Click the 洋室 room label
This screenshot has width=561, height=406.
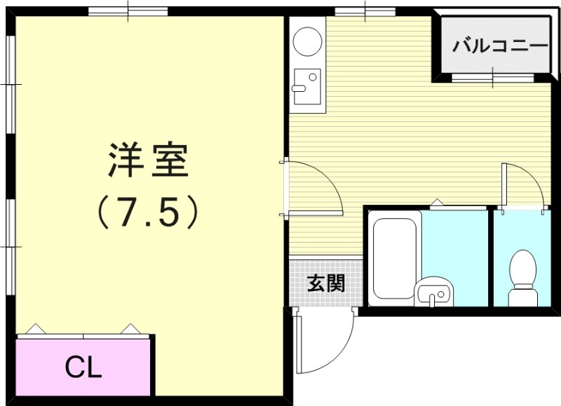tap(149, 161)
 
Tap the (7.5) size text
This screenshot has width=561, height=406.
tap(148, 212)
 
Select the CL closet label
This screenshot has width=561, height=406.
tap(83, 367)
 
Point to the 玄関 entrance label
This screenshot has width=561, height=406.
tap(326, 283)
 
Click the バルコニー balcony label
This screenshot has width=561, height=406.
tap(500, 46)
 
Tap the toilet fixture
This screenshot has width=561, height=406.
tap(522, 278)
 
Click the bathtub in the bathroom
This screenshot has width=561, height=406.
tap(395, 258)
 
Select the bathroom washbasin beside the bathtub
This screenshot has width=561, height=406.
tap(433, 292)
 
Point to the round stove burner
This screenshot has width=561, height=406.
tap(307, 41)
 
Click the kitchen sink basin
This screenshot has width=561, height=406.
tap(307, 86)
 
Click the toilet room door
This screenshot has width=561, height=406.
tap(523, 186)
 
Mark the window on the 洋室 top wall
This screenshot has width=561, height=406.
tap(128, 11)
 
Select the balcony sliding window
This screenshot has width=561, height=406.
tap(493, 78)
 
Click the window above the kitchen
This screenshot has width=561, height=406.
tap(365, 12)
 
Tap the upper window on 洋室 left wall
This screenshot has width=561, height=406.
tap(11, 85)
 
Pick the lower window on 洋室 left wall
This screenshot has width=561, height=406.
tap(11, 246)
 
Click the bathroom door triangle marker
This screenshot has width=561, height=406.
tap(436, 202)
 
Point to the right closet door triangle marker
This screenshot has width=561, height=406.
tap(130, 329)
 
